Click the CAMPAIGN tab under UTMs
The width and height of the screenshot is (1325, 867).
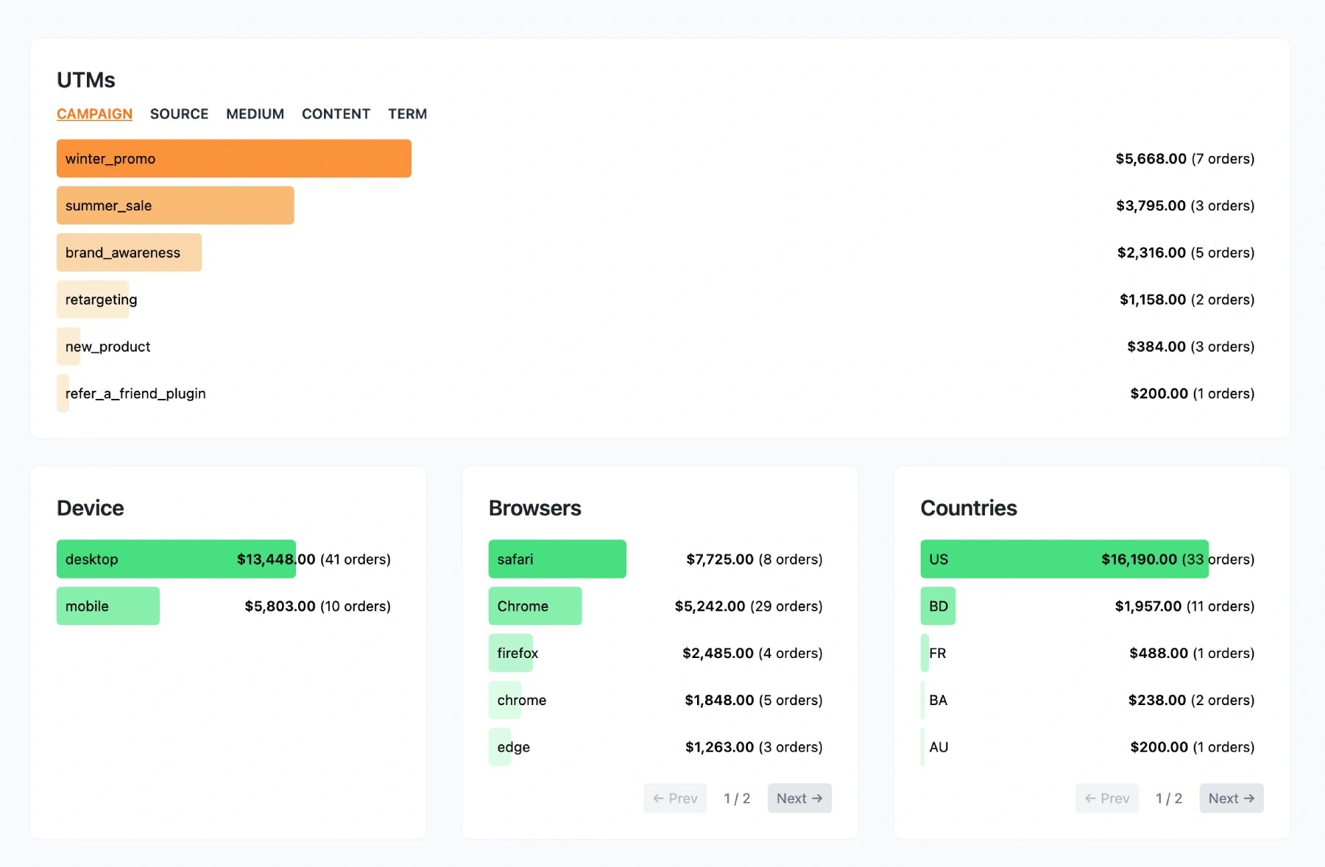click(x=94, y=114)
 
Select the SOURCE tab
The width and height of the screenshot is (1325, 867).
click(x=179, y=114)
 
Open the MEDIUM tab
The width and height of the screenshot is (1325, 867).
click(x=255, y=114)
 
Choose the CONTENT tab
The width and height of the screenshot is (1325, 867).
click(x=336, y=114)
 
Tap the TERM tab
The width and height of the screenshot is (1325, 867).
click(x=407, y=114)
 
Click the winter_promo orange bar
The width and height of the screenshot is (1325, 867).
click(x=233, y=158)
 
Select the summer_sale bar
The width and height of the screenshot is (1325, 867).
click(x=175, y=205)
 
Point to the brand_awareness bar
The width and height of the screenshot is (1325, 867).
click(x=129, y=252)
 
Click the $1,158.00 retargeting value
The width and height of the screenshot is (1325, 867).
click(x=1186, y=300)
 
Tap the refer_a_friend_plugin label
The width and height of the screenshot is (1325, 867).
click(x=135, y=394)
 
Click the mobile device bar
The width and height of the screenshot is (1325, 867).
click(x=107, y=606)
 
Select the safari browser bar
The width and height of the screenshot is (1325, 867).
click(x=556, y=559)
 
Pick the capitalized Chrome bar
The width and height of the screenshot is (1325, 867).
click(x=534, y=606)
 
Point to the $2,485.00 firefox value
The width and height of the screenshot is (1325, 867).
click(x=752, y=653)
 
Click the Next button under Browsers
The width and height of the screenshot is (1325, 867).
click(x=799, y=799)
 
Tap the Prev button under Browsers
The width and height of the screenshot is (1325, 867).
click(x=674, y=799)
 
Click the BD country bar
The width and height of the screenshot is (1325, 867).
click(x=938, y=606)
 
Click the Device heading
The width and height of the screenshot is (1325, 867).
click(x=90, y=508)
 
